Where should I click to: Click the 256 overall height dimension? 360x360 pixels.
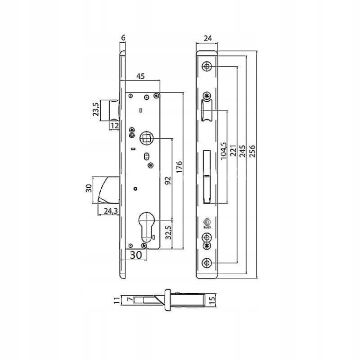click(252, 151)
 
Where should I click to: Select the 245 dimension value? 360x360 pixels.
click(242, 151)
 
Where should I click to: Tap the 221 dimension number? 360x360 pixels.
click(233, 151)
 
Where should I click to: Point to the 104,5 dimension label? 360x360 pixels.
click(223, 151)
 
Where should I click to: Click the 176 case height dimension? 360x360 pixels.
click(180, 167)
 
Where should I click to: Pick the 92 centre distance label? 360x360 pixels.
click(168, 180)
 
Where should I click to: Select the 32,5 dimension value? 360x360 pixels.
click(168, 232)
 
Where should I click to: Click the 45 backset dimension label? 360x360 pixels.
click(141, 76)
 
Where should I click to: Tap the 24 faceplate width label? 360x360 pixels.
click(208, 38)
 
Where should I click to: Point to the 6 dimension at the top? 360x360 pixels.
click(123, 38)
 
